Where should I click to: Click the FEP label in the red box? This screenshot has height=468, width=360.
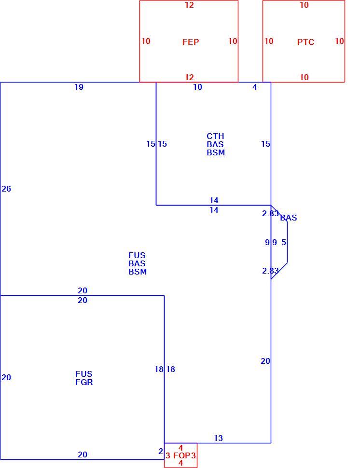[191, 42]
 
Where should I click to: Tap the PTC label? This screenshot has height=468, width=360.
[305, 42]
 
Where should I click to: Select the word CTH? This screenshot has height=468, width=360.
[215, 136]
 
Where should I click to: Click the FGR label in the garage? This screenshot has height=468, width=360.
[84, 382]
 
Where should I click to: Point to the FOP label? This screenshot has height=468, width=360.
[182, 455]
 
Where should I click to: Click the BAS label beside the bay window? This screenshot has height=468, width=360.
[289, 218]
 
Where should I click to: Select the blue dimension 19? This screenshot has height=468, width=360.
[79, 87]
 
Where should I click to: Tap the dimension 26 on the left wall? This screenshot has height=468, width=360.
[6, 189]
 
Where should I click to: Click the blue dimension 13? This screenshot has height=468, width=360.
[218, 438]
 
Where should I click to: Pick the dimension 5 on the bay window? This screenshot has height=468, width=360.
[284, 242]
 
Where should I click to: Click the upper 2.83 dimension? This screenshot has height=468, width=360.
[270, 213]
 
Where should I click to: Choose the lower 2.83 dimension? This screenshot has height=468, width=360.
[270, 271]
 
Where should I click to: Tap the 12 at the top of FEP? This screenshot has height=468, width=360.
[189, 5]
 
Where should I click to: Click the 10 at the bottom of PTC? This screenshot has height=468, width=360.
[304, 77]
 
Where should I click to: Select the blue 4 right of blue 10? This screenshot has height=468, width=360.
[255, 87]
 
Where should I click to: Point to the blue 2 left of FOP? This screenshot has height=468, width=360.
[161, 451]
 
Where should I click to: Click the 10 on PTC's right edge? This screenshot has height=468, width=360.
[339, 41]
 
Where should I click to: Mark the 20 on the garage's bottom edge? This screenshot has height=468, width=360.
[83, 454]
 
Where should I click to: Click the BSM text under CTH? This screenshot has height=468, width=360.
[216, 152]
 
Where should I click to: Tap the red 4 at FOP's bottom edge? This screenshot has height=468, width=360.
[180, 463]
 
